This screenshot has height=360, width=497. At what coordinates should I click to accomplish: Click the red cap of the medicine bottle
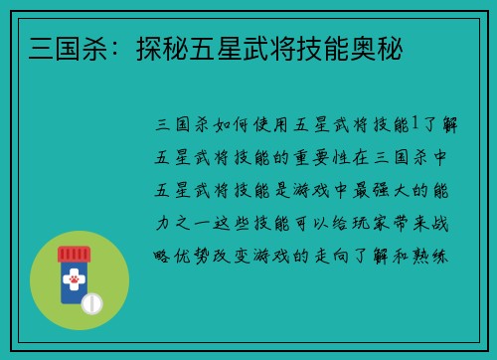(x=74, y=256)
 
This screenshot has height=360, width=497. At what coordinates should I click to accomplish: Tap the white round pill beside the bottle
(x=92, y=302)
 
